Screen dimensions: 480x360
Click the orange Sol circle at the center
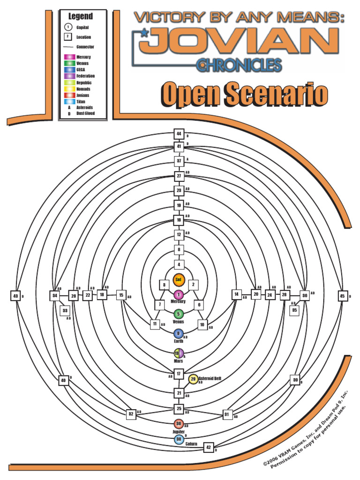pyautogui.click(x=178, y=280)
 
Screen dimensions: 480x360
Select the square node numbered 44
pyautogui.click(x=179, y=134)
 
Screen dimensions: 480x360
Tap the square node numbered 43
pyautogui.click(x=15, y=296)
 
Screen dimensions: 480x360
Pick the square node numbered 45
pyautogui.click(x=342, y=296)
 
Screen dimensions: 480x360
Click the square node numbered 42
pyautogui.click(x=209, y=447)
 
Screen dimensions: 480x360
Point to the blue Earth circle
pyautogui.click(x=178, y=334)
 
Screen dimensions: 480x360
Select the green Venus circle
pyautogui.click(x=178, y=314)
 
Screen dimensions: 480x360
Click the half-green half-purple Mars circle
pyautogui.click(x=178, y=353)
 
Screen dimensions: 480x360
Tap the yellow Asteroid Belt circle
pyautogui.click(x=193, y=379)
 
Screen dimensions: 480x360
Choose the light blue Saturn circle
pyautogui.click(x=179, y=439)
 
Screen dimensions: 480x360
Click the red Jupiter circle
pyautogui.click(x=179, y=423)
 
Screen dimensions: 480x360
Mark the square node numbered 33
pyautogui.click(x=65, y=310)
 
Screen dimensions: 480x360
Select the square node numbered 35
pyautogui.click(x=294, y=310)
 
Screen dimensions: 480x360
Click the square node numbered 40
pyautogui.click(x=63, y=380)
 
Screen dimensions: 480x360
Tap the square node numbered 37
pyautogui.click(x=179, y=161)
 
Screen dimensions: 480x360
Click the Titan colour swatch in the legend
pyautogui.click(x=68, y=101)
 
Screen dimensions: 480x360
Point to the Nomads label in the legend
pyautogui.click(x=83, y=89)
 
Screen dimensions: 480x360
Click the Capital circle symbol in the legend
pyautogui.click(x=68, y=27)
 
